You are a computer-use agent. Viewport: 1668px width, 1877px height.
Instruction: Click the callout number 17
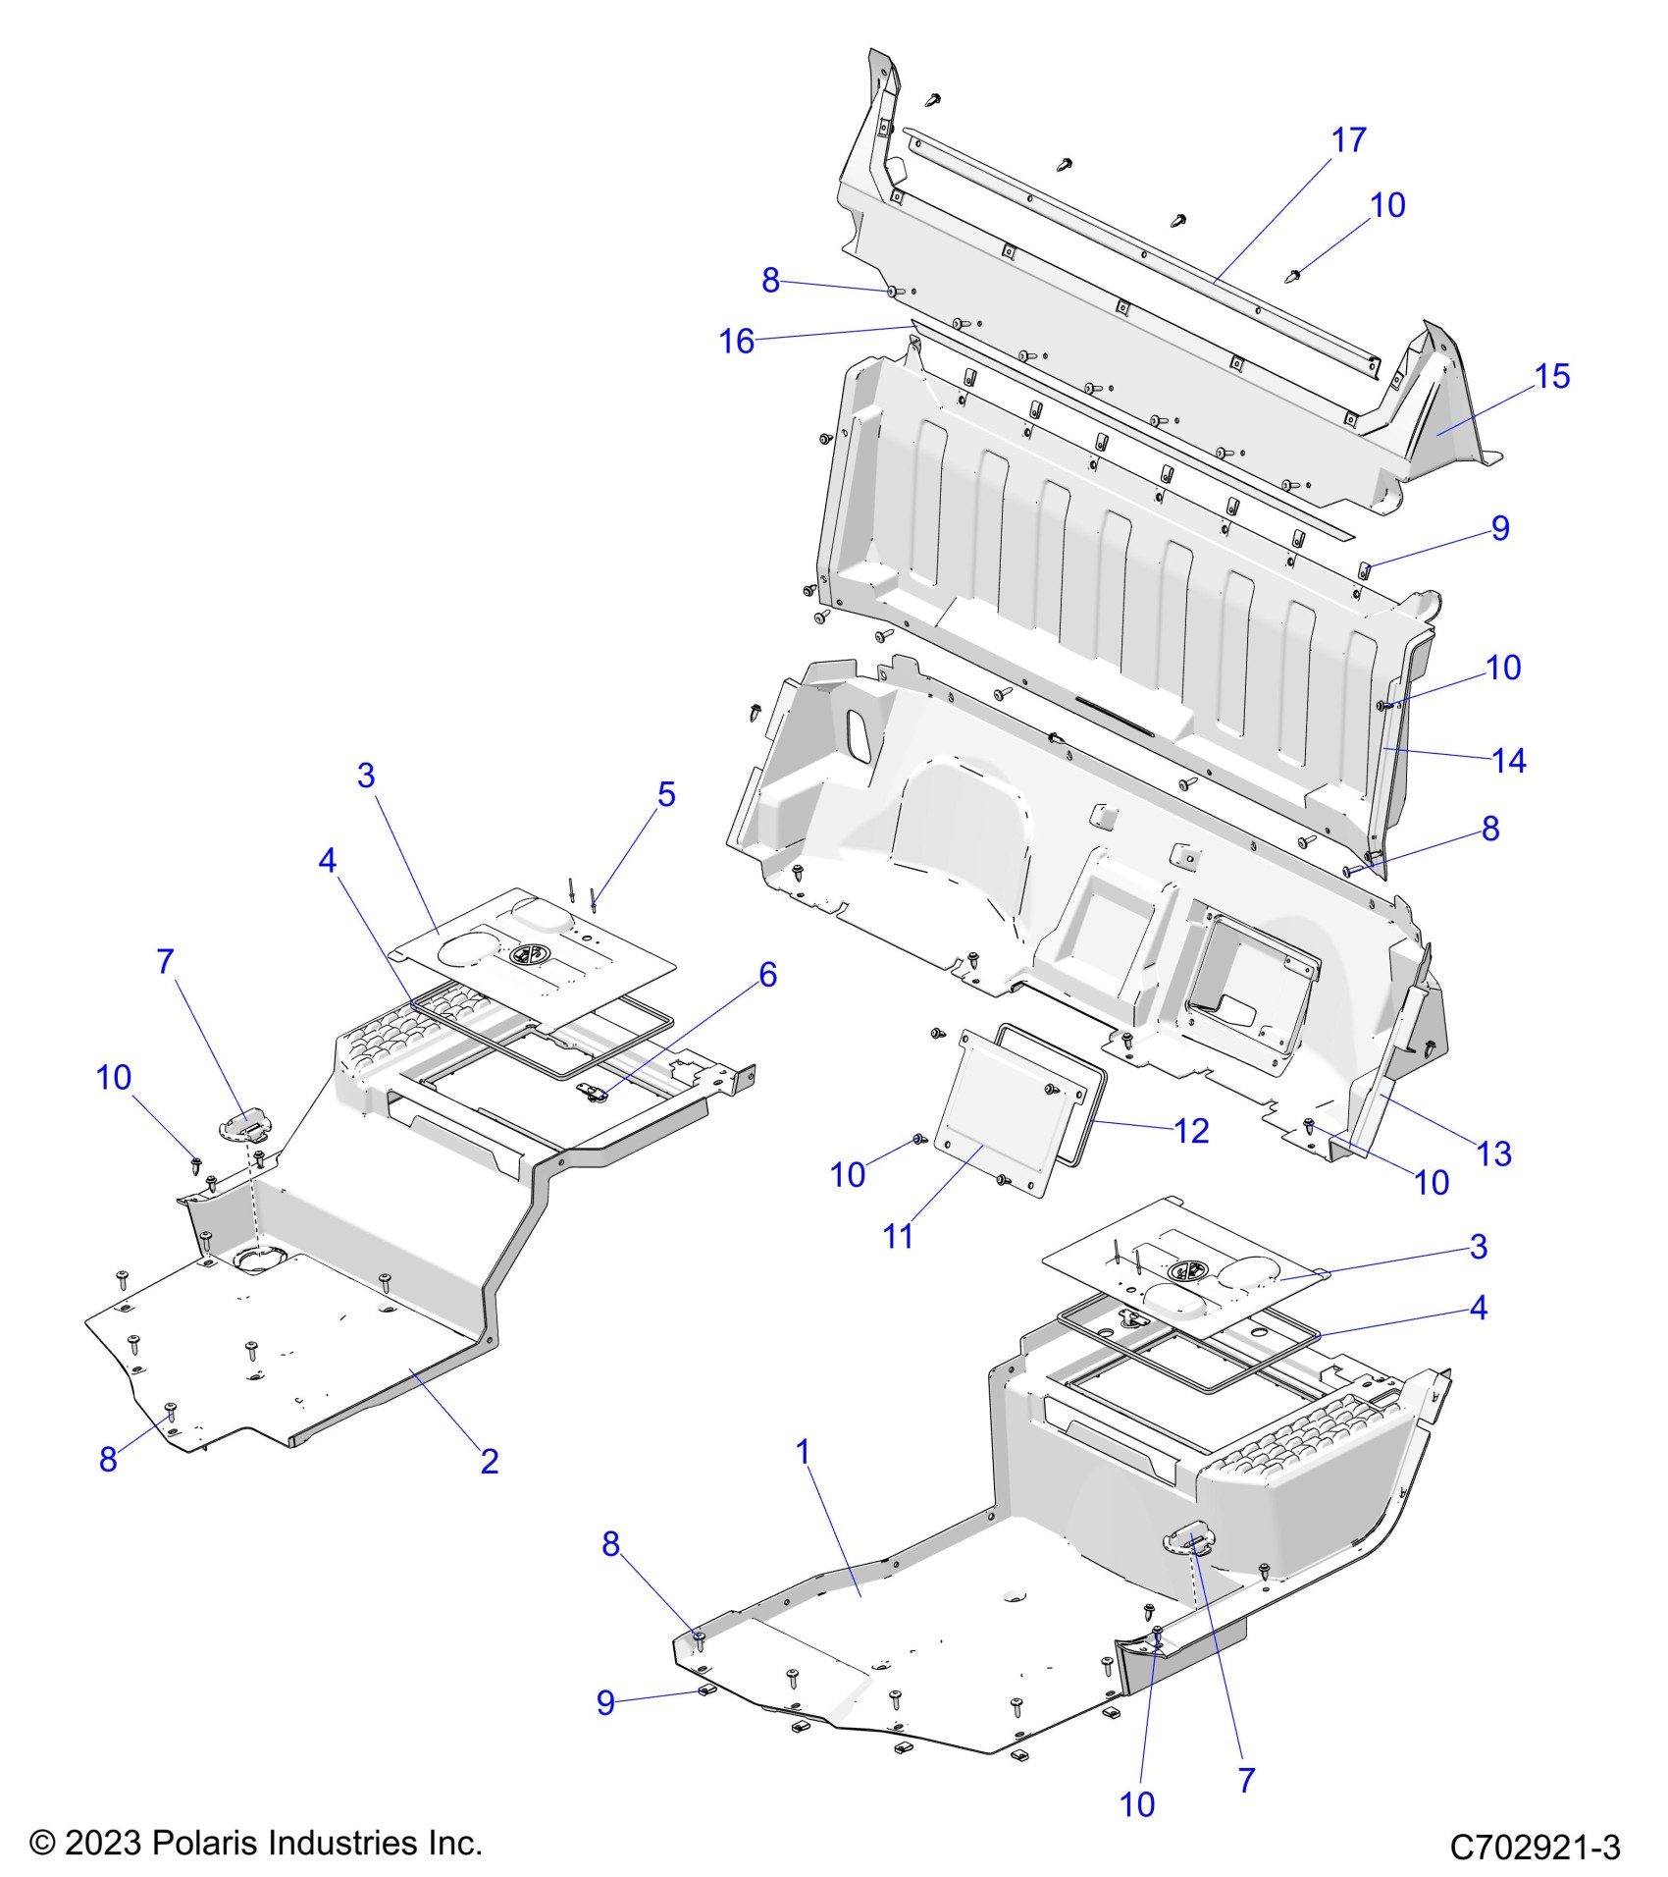[1349, 140]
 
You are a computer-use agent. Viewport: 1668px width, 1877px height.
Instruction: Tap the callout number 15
[1552, 376]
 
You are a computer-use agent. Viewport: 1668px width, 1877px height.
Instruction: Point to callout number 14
[1509, 760]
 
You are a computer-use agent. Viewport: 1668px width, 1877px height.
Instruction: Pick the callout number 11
[898, 1237]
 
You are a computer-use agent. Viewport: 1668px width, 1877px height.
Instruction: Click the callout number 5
[666, 794]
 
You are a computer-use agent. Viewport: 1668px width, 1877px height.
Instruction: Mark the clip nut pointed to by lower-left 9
[705, 1690]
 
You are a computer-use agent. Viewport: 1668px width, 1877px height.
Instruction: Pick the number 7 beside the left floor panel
[165, 962]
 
